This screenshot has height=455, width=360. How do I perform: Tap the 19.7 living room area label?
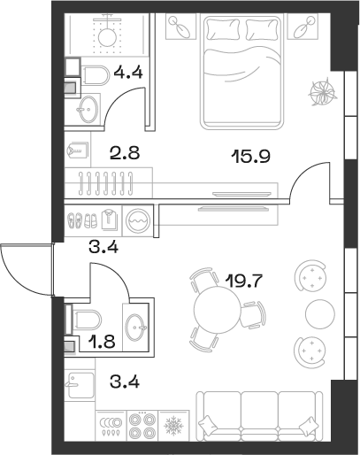pyautogui.click(x=245, y=283)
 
